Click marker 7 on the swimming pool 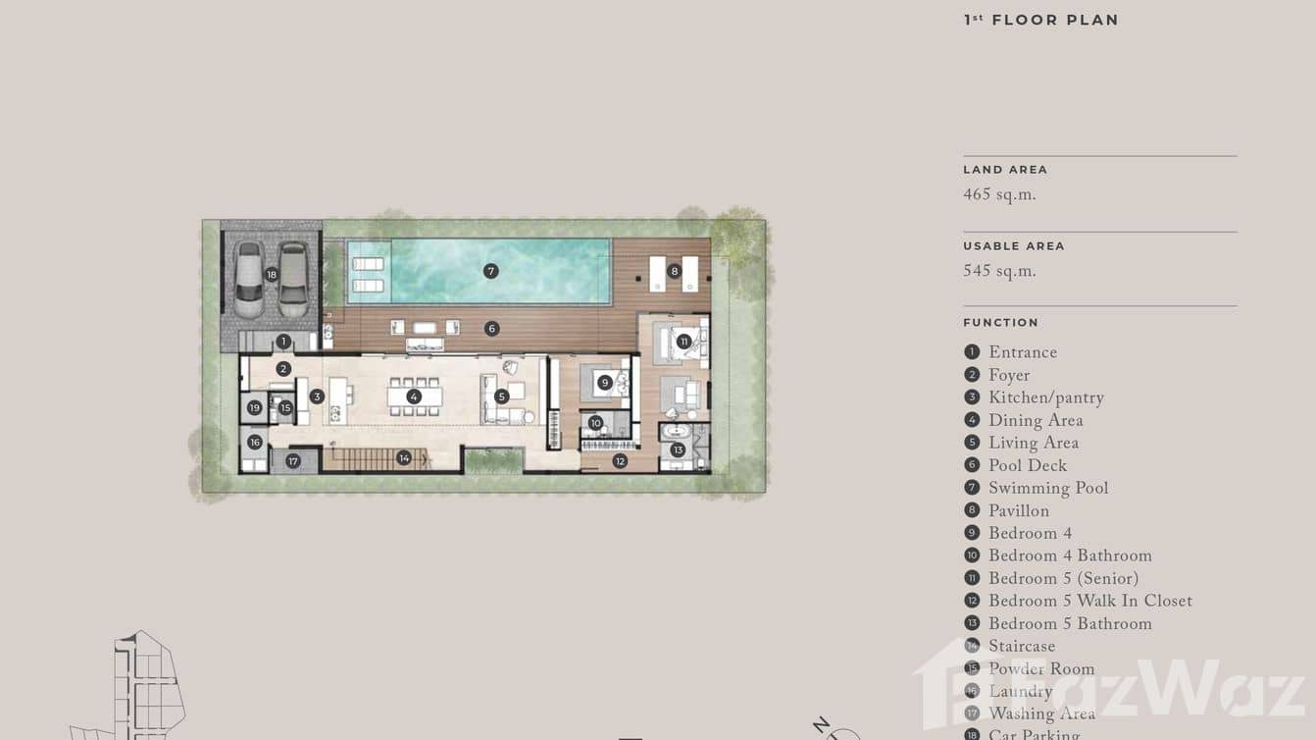click(x=491, y=271)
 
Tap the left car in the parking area click(x=248, y=280)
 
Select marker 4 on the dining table click(x=414, y=396)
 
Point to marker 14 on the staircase click(x=404, y=458)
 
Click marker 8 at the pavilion click(x=674, y=271)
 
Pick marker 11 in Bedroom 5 click(x=683, y=342)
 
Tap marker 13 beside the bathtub click(x=678, y=449)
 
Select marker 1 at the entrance click(x=283, y=342)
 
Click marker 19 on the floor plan click(x=255, y=407)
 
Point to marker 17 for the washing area click(x=292, y=461)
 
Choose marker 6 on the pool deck click(x=492, y=329)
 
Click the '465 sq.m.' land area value click(x=999, y=195)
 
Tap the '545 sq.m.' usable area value click(x=999, y=272)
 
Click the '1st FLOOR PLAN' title click(x=1040, y=20)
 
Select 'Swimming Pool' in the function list click(x=1047, y=489)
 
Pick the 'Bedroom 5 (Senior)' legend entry click(x=1063, y=579)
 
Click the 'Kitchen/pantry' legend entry click(x=1045, y=398)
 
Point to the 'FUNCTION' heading click(x=1000, y=323)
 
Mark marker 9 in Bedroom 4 click(x=605, y=383)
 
